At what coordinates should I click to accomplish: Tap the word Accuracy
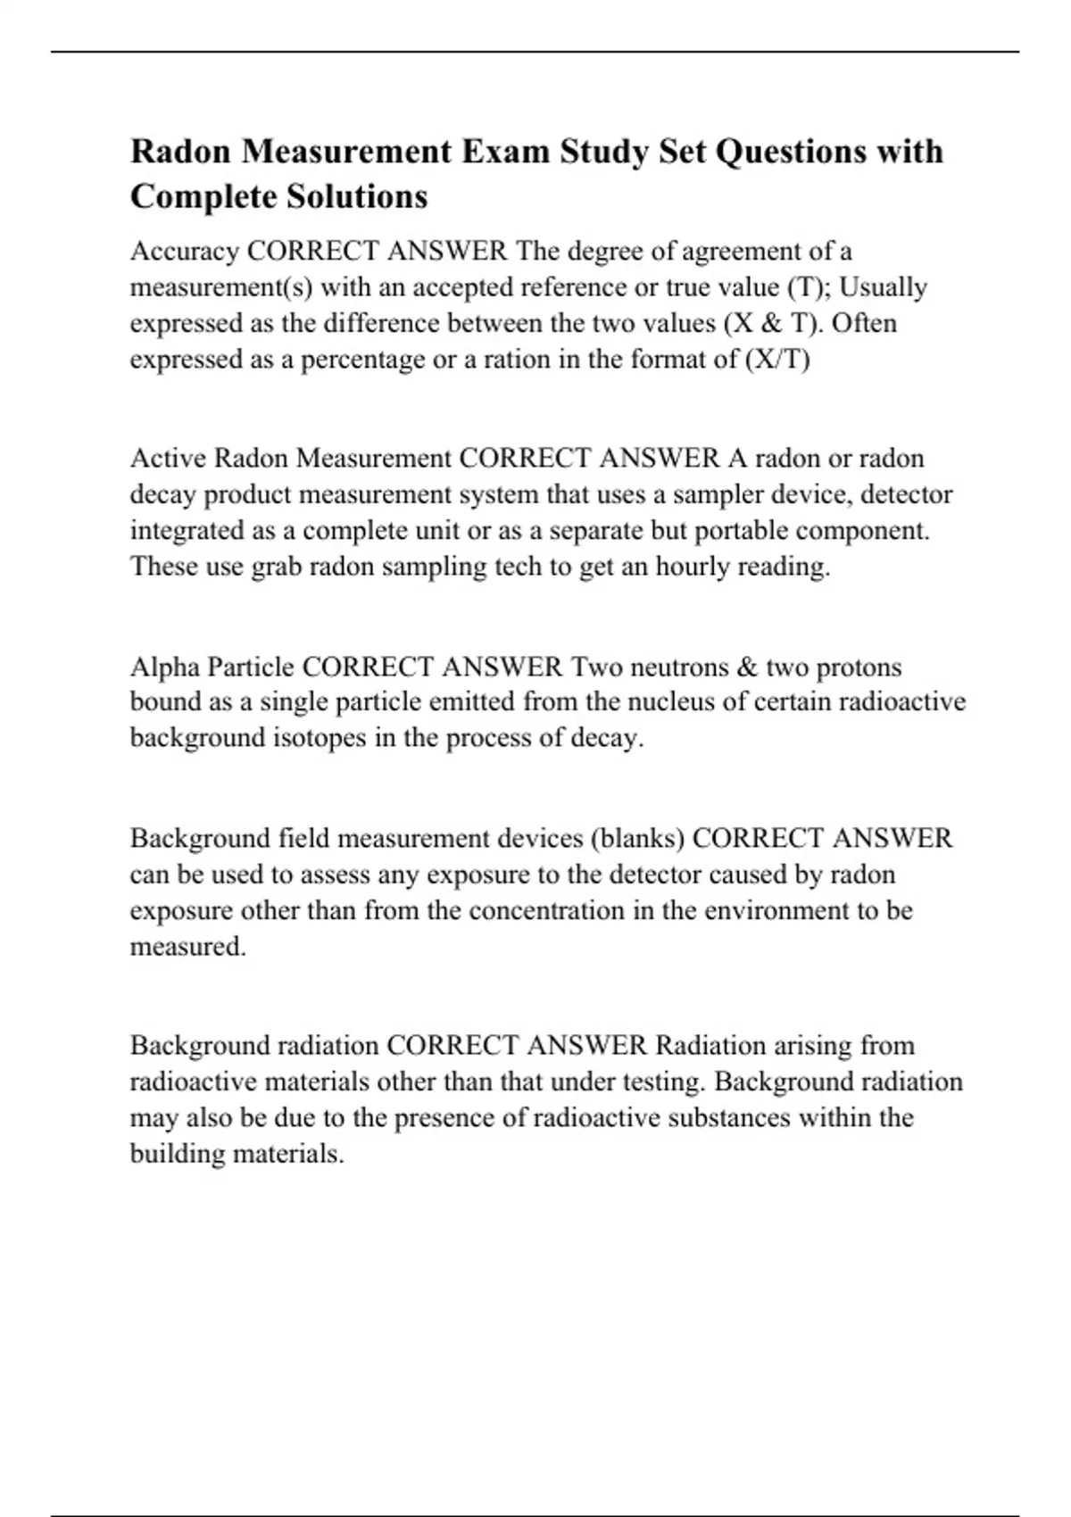(x=185, y=252)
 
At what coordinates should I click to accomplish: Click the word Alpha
(x=165, y=667)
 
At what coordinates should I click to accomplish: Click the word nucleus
(x=671, y=702)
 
